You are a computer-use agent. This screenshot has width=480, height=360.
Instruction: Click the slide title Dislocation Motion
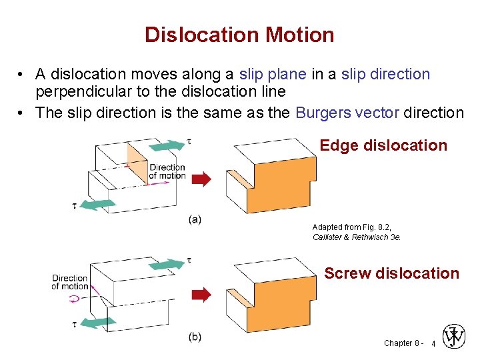pos(239,35)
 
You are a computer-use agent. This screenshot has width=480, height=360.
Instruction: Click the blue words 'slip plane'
pos(273,74)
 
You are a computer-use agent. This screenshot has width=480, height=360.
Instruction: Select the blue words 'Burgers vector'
pos(347,112)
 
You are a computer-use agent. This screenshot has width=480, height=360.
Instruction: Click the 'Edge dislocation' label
pos(383,145)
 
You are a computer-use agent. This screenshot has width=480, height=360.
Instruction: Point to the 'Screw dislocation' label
pos(391,273)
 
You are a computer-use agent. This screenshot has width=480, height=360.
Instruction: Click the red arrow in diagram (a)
pos(201,179)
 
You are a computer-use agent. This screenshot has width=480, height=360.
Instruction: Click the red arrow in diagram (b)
pos(201,294)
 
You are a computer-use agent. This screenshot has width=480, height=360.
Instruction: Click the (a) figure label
pos(195,219)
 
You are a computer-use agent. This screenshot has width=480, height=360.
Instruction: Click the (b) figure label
pos(195,337)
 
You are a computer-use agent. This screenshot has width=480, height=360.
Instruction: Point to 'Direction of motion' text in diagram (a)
pos(167,171)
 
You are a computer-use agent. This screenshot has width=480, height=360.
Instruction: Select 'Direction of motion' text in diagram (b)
pos(70,282)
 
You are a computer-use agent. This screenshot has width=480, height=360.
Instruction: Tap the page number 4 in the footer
pos(434,344)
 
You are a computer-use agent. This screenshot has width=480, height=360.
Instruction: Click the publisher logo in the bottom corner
pos(455,337)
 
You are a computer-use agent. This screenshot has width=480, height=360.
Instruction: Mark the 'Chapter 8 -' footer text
pos(402,343)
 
